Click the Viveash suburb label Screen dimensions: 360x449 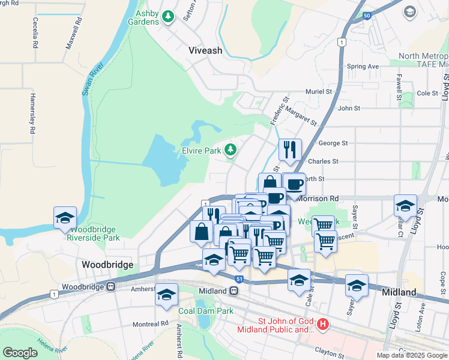[205, 51]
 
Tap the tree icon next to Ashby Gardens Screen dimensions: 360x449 [169, 17]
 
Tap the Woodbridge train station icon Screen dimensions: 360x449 [111, 287]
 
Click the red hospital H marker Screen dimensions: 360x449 [324, 325]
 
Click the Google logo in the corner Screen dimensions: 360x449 [20, 353]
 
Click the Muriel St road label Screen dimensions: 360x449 [319, 92]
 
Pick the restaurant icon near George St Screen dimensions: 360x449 [290, 149]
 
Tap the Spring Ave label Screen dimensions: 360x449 [363, 66]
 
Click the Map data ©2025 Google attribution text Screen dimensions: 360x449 [411, 355]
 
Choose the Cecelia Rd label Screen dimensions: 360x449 [35, 35]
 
